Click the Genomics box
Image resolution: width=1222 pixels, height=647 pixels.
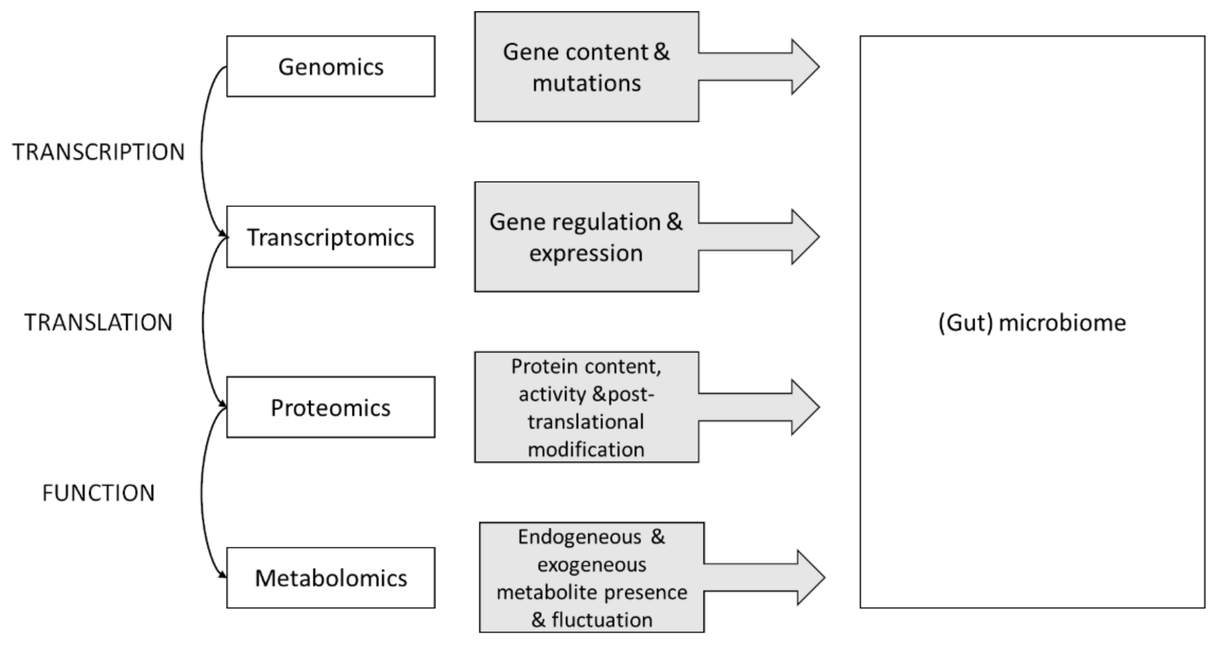(x=331, y=66)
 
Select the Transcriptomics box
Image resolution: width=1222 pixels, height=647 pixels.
(x=331, y=237)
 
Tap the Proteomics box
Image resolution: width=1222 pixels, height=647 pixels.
(x=331, y=407)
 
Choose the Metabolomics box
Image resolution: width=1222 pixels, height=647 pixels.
(x=331, y=578)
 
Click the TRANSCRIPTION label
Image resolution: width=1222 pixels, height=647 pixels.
(x=98, y=152)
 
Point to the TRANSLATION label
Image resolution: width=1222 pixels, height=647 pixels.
(x=98, y=322)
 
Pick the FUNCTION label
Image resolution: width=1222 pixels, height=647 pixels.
(x=98, y=493)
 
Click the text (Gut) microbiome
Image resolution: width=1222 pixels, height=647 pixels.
(x=1032, y=323)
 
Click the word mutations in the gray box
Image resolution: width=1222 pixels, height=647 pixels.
(x=586, y=83)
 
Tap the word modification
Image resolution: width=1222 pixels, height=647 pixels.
(x=586, y=449)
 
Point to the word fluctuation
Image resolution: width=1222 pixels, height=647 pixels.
(x=601, y=620)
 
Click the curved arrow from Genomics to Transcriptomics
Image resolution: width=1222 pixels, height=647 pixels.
(x=201, y=152)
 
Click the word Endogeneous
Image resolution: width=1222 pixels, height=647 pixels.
(x=579, y=537)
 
